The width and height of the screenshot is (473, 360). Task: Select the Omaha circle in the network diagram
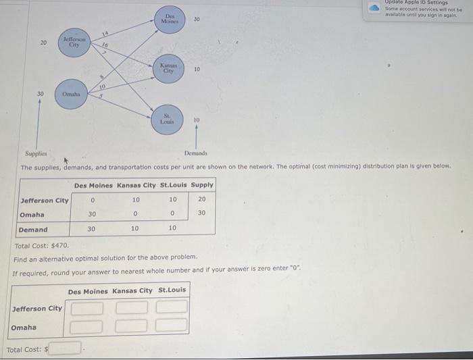tap(71, 95)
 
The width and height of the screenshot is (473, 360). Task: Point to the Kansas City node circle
tap(168, 70)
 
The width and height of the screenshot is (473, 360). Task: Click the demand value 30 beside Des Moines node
tap(197, 19)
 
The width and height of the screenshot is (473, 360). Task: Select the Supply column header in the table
tap(202, 185)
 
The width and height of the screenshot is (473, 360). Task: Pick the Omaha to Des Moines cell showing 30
tap(93, 214)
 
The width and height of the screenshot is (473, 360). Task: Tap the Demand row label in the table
tap(33, 229)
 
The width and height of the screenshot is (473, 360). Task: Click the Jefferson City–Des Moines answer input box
tap(88, 308)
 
